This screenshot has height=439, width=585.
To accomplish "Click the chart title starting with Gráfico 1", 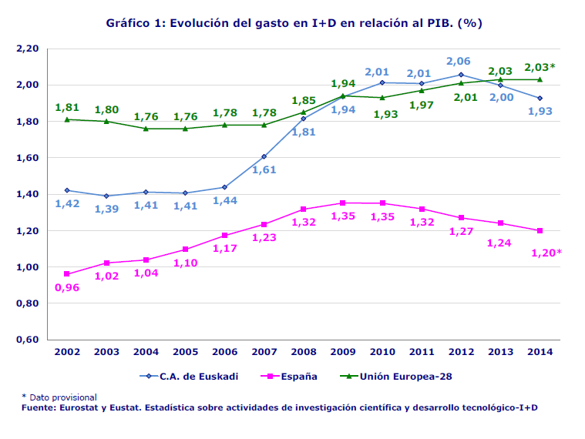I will coord(294,23).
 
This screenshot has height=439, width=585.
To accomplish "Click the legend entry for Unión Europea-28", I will coord(407,377).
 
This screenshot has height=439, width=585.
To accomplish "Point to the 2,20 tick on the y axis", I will coord(27,49).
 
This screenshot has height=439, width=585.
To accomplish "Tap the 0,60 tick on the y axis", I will coord(27,340).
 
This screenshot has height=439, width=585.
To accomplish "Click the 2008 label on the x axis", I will coord(304,352).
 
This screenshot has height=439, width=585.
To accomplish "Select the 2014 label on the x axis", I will coord(540,352).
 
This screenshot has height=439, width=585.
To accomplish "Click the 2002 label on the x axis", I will coord(67,352).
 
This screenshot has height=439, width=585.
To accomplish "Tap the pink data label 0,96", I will coord(67,288).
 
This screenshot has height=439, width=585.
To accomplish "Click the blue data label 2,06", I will coord(459,61).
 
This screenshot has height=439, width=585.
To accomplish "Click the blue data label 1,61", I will coord(264,170).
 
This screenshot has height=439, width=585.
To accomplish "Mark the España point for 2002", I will coord(67,274).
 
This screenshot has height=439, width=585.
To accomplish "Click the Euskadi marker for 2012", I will coord(461,75).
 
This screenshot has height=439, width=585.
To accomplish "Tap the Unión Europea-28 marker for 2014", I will coord(540,79).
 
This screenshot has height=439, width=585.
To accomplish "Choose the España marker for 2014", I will coord(540,230).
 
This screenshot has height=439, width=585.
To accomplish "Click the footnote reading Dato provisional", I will coord(62,397).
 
